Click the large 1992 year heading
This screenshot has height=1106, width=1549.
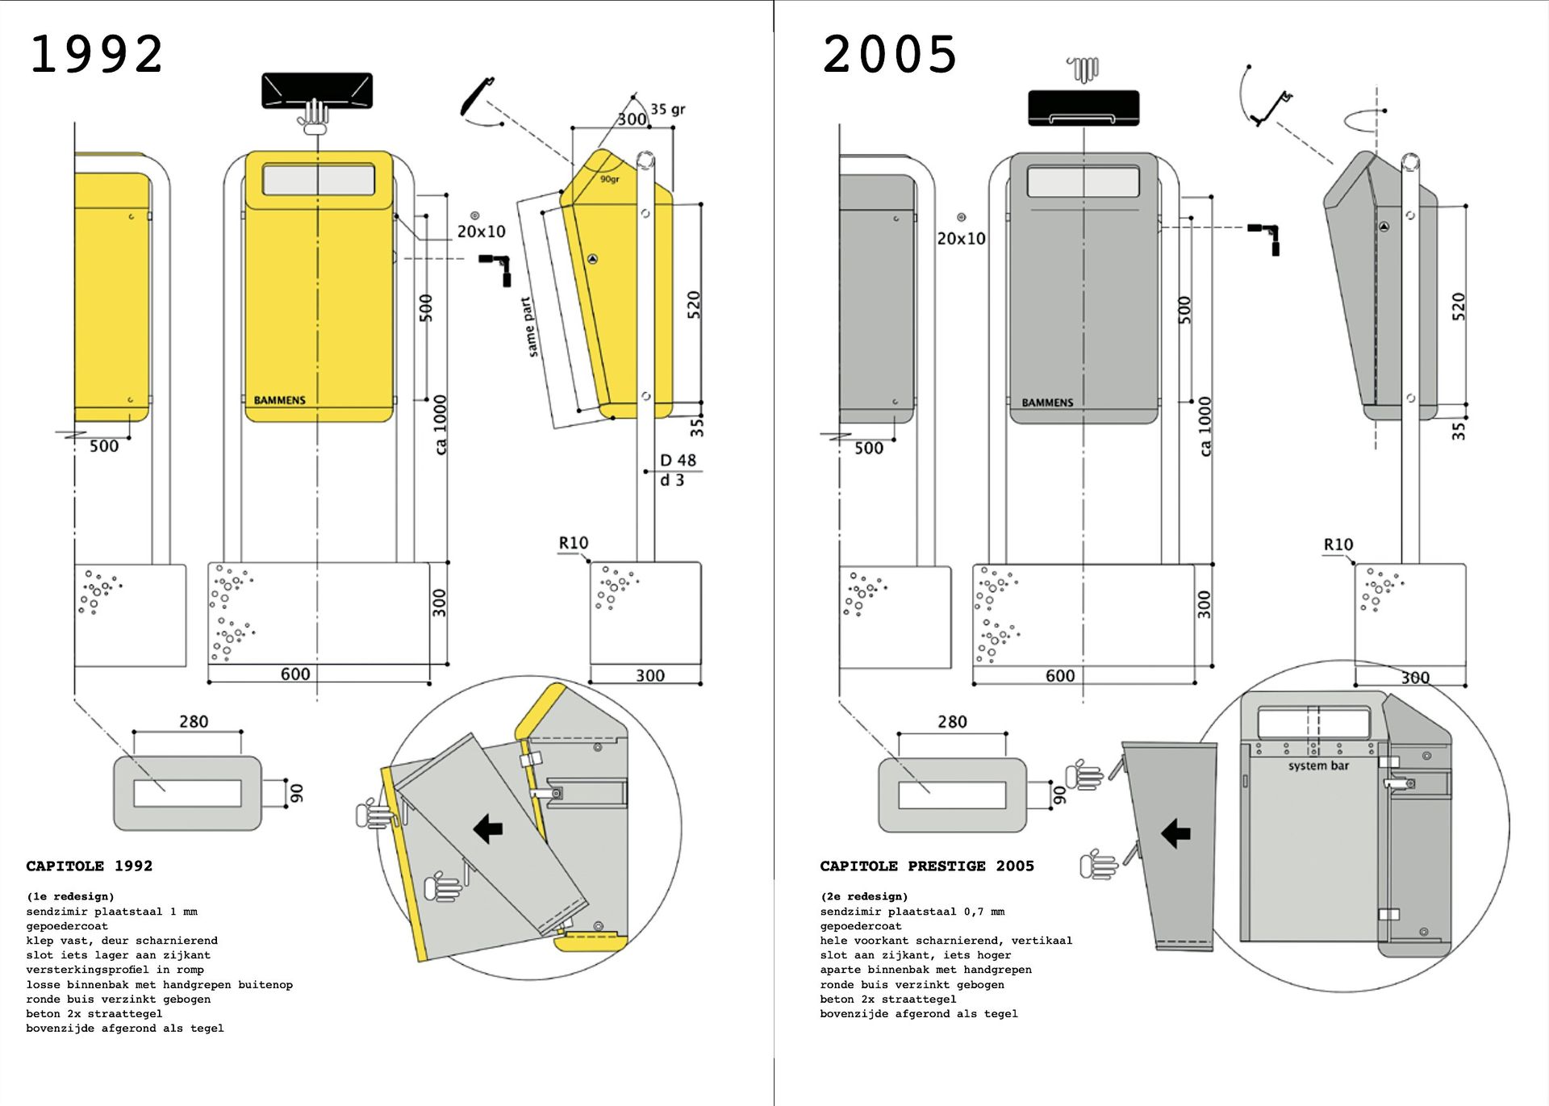point(97,55)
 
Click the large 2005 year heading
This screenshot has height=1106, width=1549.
point(890,55)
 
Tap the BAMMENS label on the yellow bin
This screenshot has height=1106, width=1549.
point(279,400)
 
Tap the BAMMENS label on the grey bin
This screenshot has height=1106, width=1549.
point(1047,403)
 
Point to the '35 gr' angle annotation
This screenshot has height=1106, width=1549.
point(668,109)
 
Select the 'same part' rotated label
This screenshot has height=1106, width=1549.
point(529,327)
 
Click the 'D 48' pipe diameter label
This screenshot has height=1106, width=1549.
point(678,460)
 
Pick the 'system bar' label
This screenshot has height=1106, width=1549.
point(1318,766)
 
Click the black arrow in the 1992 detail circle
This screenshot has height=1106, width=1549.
point(488,828)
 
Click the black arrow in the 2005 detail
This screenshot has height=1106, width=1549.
point(1175,833)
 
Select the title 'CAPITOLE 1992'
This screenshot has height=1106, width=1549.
point(89,866)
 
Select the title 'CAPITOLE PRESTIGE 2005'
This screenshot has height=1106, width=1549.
point(927,866)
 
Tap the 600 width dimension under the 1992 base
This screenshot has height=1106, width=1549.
point(295,674)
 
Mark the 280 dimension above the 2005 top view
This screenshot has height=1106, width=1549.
point(952,722)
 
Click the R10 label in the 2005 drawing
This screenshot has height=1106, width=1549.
point(1338,545)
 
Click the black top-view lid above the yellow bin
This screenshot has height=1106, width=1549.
point(317,90)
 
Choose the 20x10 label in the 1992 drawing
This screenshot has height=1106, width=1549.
point(481,232)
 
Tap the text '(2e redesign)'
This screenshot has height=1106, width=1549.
point(864,896)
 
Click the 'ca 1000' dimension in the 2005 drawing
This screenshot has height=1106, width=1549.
point(1205,426)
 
